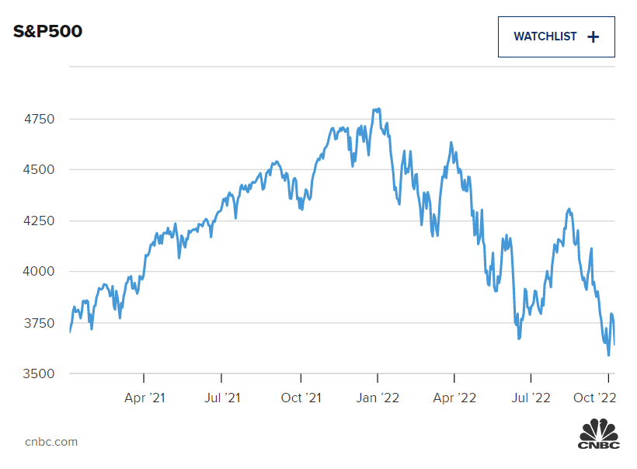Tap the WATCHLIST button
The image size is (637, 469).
(555, 36)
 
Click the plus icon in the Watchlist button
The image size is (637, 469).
(593, 36)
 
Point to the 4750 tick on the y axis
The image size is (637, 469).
(40, 119)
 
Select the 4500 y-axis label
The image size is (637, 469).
(40, 169)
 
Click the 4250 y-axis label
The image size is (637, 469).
(40, 221)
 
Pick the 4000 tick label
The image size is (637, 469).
(40, 271)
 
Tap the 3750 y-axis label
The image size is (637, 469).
(40, 322)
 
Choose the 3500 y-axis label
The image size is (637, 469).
(40, 373)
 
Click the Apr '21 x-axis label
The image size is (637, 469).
(144, 398)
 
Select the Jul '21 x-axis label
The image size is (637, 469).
(221, 398)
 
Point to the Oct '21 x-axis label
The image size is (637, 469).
(301, 398)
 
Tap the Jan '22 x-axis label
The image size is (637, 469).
(378, 398)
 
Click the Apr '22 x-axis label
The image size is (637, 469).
(454, 398)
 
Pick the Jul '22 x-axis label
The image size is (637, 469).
(531, 398)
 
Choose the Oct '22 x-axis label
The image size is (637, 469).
(595, 398)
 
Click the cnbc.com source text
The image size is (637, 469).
(51, 442)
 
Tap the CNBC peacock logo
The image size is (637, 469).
(599, 433)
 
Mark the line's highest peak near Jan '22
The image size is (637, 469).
(378, 109)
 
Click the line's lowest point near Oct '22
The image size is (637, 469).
(608, 355)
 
